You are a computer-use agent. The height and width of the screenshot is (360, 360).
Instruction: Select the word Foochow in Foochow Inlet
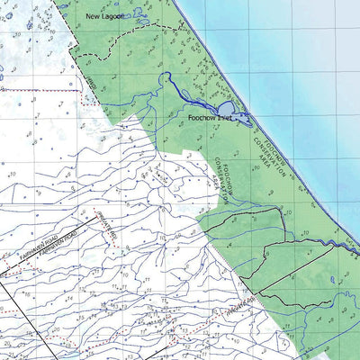point(202,118)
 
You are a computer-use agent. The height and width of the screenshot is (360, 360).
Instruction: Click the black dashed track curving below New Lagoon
point(135,43)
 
